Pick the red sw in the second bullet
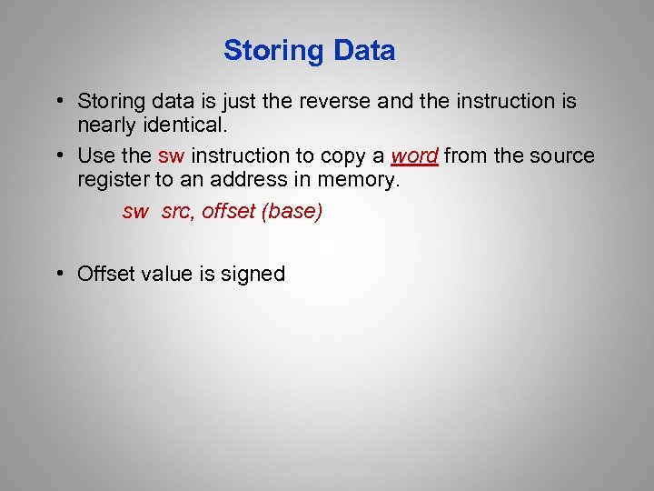click(171, 156)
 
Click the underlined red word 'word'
click(414, 156)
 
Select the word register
click(111, 180)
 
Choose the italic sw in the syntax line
click(134, 212)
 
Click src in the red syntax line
click(178, 212)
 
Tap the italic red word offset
click(228, 212)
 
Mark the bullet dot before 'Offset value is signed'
click(58, 274)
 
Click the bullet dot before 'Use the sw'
click(58, 156)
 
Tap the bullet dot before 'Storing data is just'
click(58, 101)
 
